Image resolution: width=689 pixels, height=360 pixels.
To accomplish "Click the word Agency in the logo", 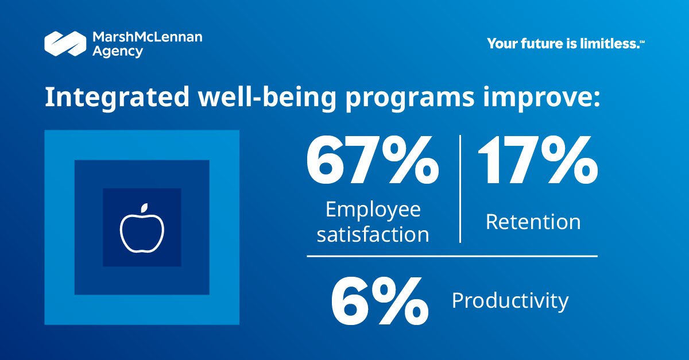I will click(118, 52).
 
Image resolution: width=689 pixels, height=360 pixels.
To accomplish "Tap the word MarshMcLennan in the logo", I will click(147, 38).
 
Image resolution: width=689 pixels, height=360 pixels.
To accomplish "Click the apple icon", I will click(142, 229).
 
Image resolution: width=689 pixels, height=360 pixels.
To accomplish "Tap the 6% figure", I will click(380, 301).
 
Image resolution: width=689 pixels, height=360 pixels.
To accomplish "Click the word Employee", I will click(373, 210).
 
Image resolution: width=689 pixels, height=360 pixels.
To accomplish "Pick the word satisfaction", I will click(373, 234).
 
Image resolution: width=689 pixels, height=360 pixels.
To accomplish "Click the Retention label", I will click(533, 222).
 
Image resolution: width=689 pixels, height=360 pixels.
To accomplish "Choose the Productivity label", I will click(510, 300).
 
